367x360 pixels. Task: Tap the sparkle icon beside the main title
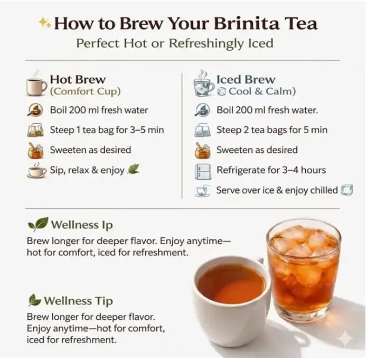click(x=44, y=23)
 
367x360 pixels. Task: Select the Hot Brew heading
click(x=78, y=79)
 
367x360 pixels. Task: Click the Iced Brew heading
click(x=246, y=79)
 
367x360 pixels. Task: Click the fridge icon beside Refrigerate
click(x=203, y=171)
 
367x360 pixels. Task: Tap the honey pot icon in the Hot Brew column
click(x=35, y=150)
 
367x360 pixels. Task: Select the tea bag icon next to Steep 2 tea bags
click(x=202, y=130)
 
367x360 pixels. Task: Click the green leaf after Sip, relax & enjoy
click(x=133, y=169)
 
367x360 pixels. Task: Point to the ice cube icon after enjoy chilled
click(x=347, y=190)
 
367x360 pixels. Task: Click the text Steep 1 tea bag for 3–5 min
click(x=107, y=130)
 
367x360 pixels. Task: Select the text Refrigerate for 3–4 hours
click(x=271, y=170)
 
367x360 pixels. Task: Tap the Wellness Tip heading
click(x=78, y=301)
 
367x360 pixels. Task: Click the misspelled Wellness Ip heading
click(x=82, y=225)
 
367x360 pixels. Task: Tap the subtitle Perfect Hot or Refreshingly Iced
click(x=175, y=43)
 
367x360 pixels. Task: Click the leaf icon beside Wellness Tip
click(x=34, y=300)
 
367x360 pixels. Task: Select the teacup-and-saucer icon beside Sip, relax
click(x=37, y=170)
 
